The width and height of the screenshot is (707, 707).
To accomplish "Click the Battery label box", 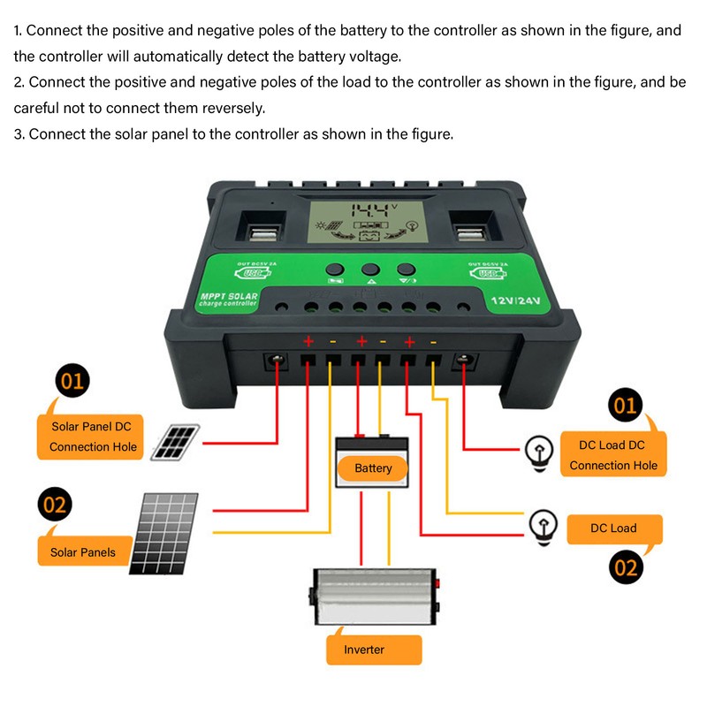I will pos(372,468).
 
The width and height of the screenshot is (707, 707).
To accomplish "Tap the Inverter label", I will pos(364,650).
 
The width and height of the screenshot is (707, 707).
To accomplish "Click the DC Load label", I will pos(613,528).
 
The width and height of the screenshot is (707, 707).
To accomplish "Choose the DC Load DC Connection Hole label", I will pos(613,455).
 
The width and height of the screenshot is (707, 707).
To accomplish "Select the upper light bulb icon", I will pos(536,451).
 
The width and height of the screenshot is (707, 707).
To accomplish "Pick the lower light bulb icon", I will pos(542,526).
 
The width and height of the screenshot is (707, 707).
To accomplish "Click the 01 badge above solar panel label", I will pos(71,384).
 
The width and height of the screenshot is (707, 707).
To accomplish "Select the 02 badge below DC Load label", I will pos(625,566).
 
